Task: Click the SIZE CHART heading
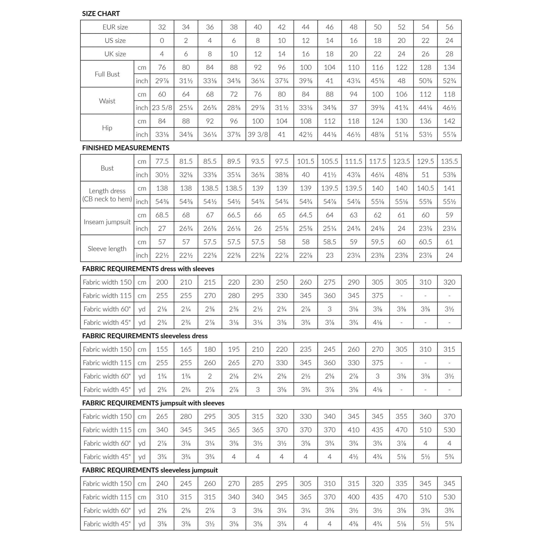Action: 101,13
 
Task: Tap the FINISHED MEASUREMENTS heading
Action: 125,148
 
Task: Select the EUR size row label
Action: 115,27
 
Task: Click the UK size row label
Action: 115,54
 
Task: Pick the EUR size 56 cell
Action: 449,27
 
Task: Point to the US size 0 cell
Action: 162,40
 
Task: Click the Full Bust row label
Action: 107,74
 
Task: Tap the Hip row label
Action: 107,128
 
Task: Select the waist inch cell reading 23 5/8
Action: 162,108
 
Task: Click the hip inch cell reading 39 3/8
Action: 258,135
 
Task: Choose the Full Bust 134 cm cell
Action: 449,67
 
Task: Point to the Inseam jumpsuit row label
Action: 107,222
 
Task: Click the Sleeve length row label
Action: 107,249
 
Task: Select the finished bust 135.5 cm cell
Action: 449,161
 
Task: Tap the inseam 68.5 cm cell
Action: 162,215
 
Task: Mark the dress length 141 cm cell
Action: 449,188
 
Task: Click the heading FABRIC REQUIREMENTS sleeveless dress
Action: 145,336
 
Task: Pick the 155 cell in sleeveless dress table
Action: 162,349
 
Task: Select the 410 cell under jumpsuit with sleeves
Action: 353,430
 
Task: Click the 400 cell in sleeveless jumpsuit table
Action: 353,497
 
